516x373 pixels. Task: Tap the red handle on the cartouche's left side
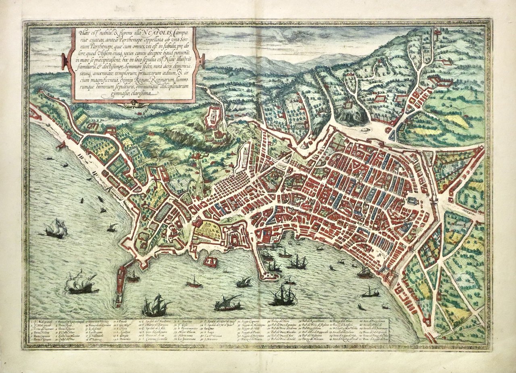[x=64, y=62]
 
